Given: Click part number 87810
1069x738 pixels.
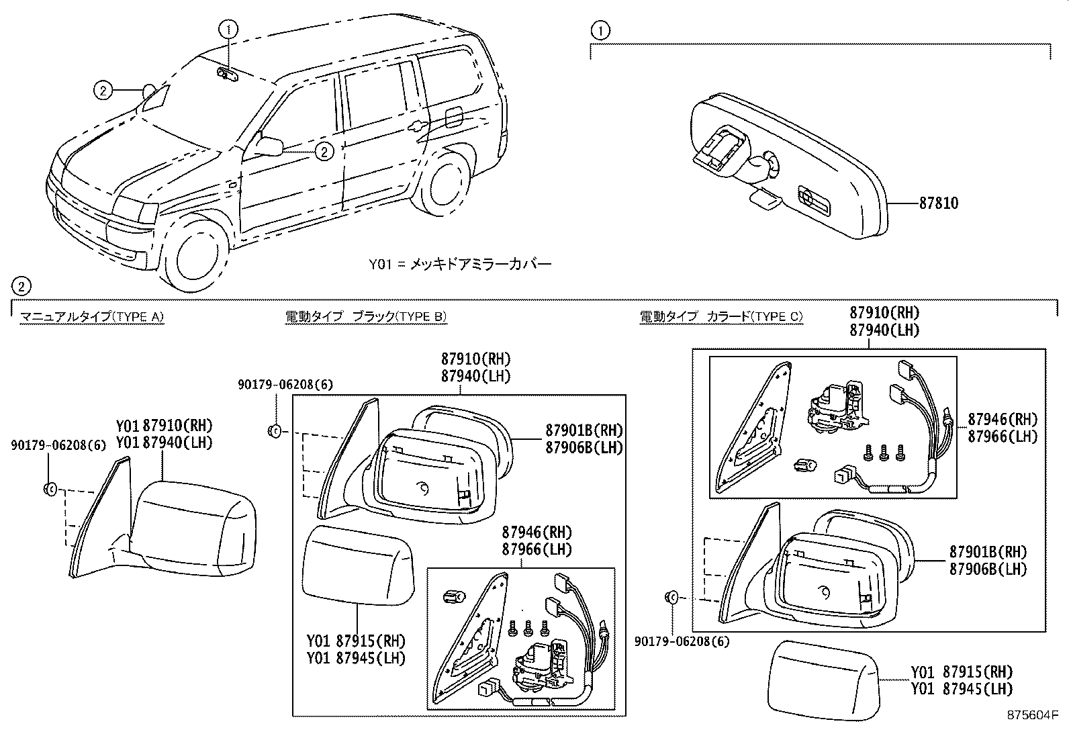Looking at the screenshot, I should (939, 203).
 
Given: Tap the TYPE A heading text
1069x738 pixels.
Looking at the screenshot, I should (91, 317).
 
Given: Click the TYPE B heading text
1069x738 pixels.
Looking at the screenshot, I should (365, 317).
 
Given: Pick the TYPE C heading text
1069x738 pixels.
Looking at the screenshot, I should (721, 317).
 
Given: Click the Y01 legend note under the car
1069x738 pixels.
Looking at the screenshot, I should (459, 264).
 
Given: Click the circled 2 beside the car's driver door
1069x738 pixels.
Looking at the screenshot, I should (324, 152).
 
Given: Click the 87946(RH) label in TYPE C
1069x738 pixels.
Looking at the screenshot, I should (1002, 420).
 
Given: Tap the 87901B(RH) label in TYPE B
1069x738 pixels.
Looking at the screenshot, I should (584, 430).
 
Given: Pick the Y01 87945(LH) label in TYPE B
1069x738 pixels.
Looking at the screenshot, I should (356, 658).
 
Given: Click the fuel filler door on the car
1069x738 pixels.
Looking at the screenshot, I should (454, 116).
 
